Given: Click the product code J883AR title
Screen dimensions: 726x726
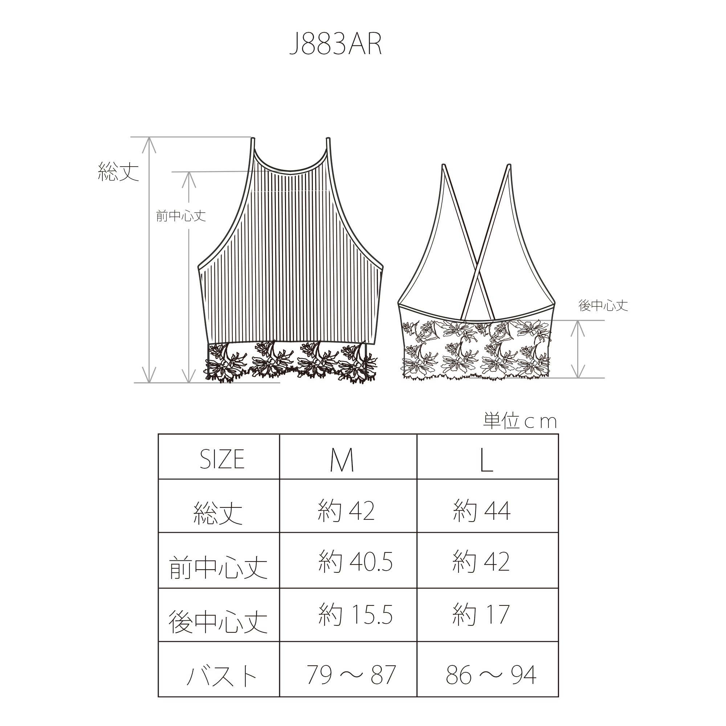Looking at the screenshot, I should point(335,44).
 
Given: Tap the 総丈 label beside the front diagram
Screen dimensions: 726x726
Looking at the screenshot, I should point(118,172).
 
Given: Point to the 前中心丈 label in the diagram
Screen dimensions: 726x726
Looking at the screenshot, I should point(181,216).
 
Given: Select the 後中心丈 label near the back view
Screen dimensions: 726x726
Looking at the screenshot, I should point(603,306).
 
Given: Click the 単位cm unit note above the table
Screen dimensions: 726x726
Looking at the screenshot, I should point(520,421).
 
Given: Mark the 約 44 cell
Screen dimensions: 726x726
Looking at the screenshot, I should point(482,511).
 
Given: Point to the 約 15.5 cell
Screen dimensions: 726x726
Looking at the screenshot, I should point(355,615).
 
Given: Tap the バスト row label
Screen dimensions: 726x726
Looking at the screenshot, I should point(222,676).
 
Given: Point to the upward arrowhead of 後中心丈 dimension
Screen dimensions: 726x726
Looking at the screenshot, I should point(578,325).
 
